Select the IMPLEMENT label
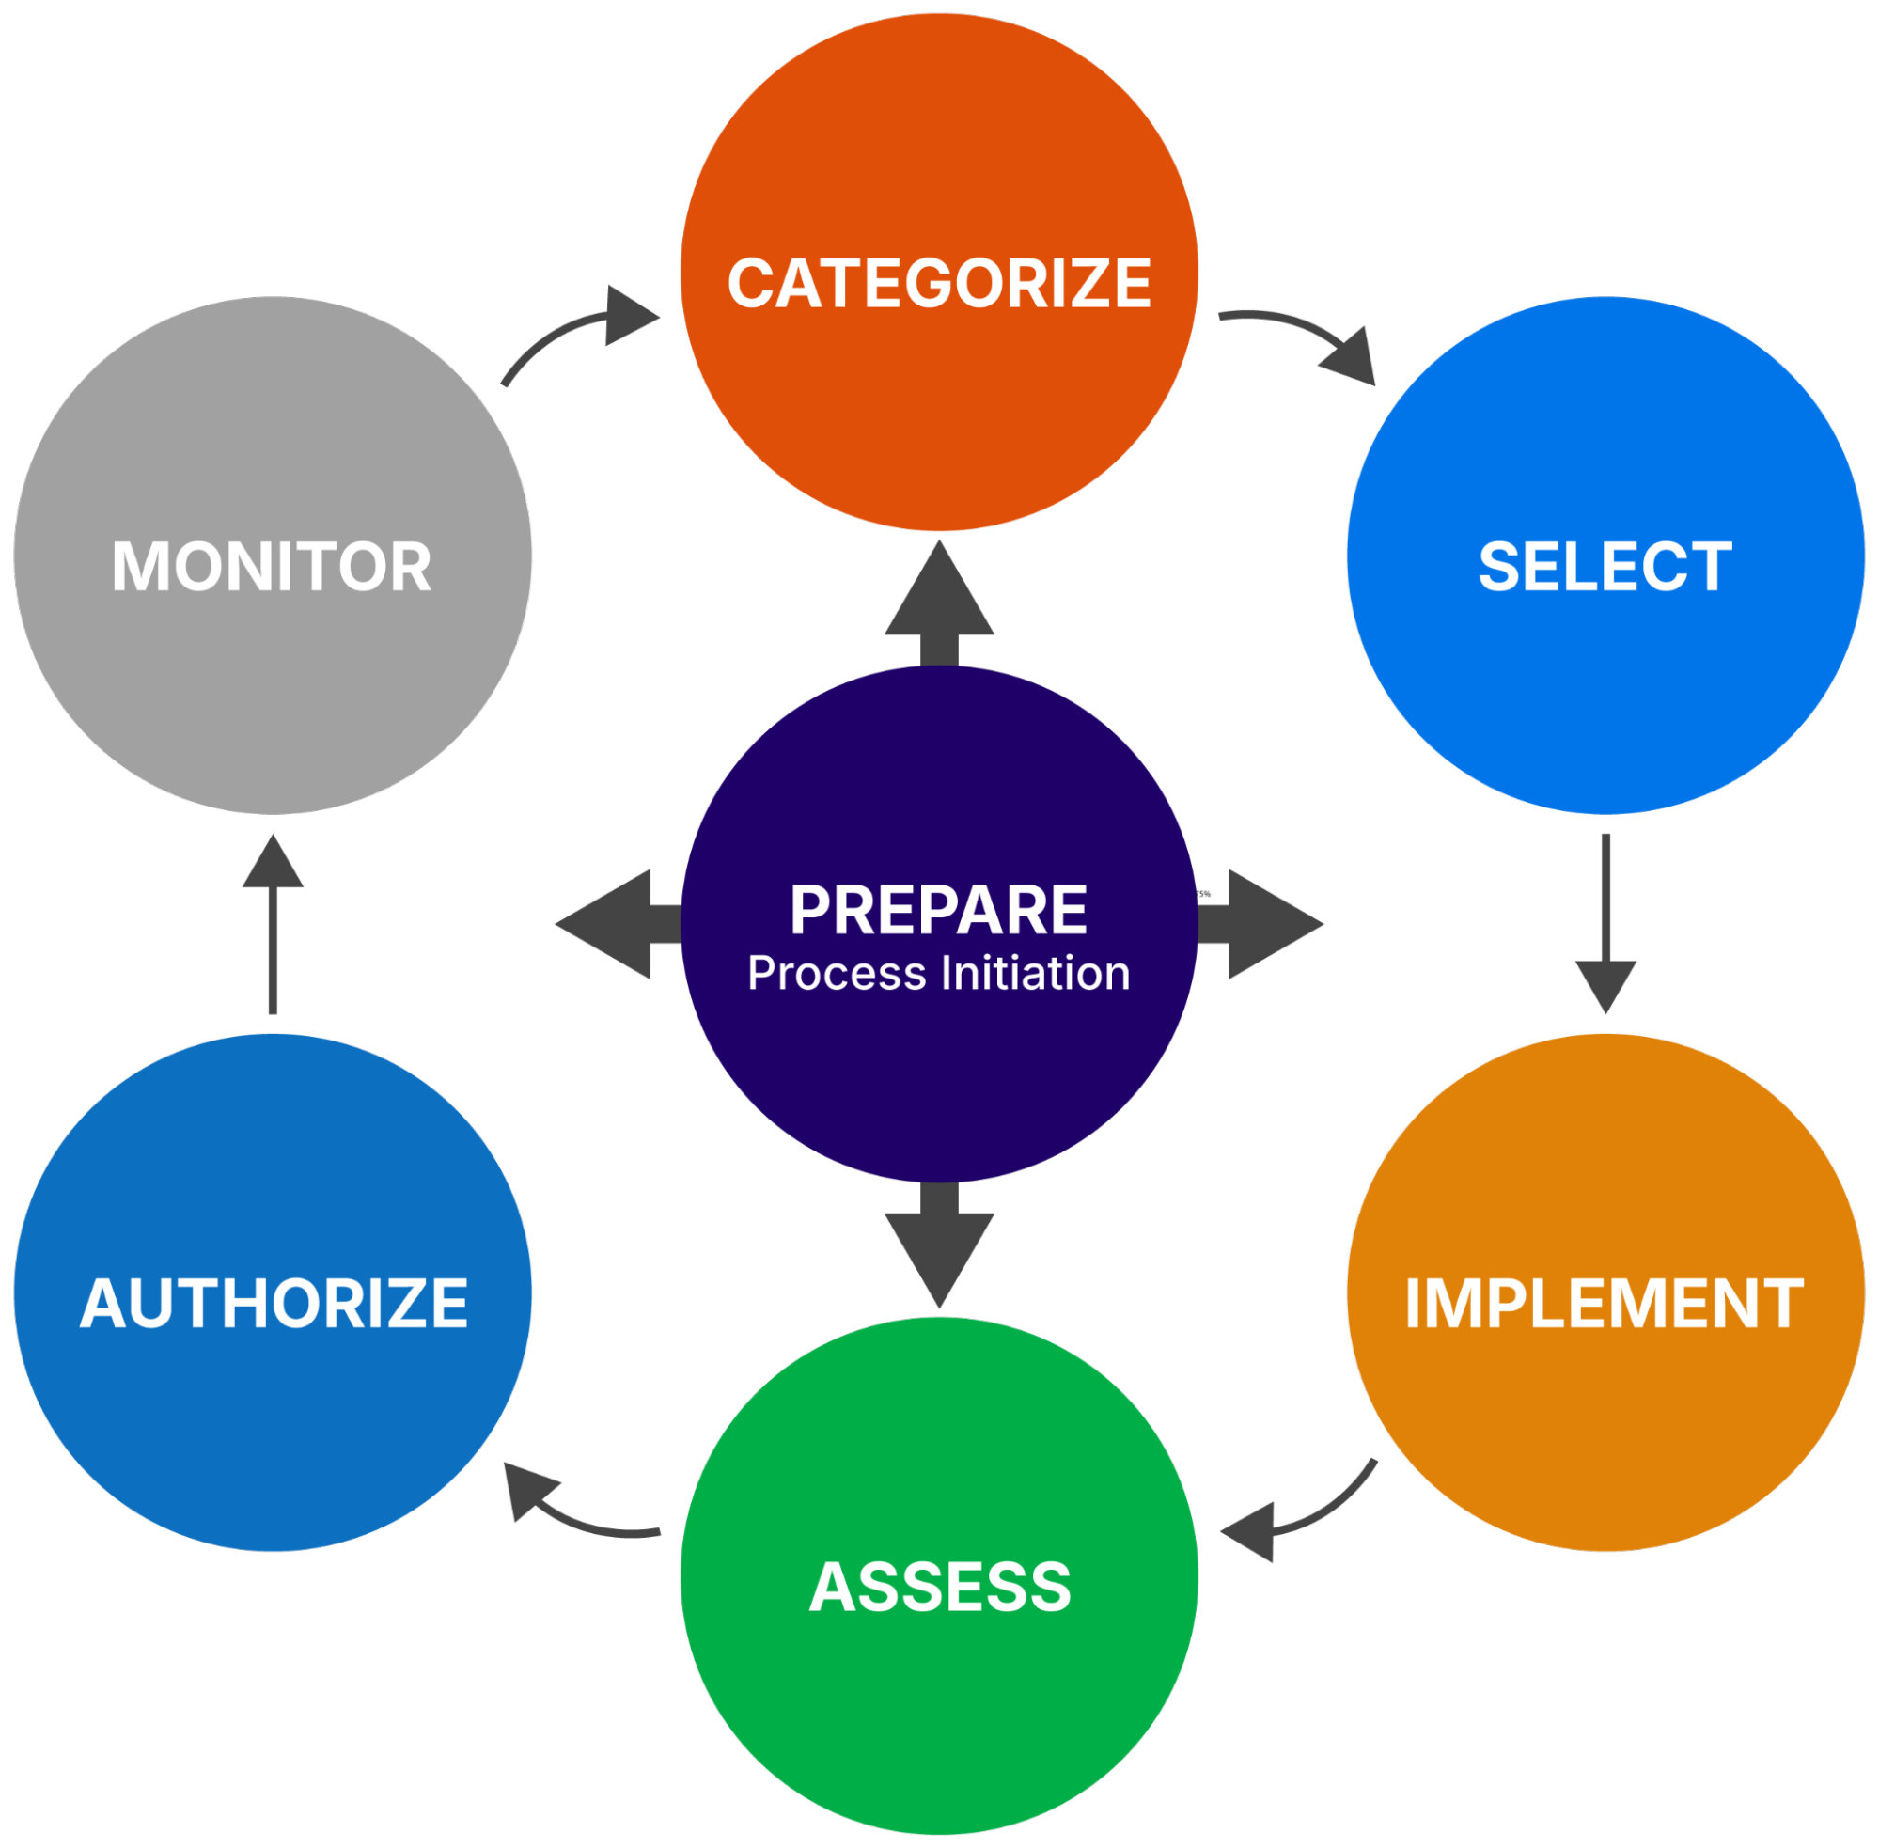(1605, 1303)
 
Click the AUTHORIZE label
(274, 1303)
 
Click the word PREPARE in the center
(938, 910)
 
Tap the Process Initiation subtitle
(938, 974)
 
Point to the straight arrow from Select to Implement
(1605, 923)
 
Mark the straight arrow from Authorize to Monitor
(273, 924)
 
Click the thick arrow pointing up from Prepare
(938, 603)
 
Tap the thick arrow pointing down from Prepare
(938, 1245)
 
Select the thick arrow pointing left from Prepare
(619, 924)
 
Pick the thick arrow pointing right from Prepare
(1260, 924)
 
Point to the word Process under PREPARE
(837, 974)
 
